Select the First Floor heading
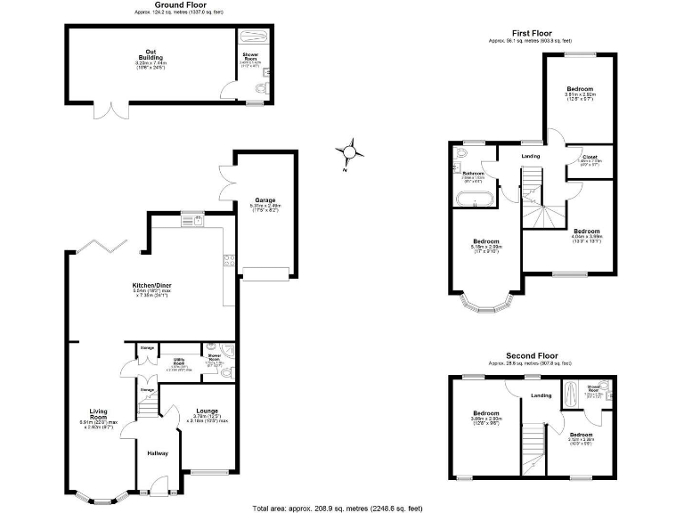(x=530, y=33)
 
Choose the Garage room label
(x=264, y=200)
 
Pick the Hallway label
(x=157, y=453)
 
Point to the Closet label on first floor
(x=589, y=157)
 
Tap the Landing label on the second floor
(x=541, y=395)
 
